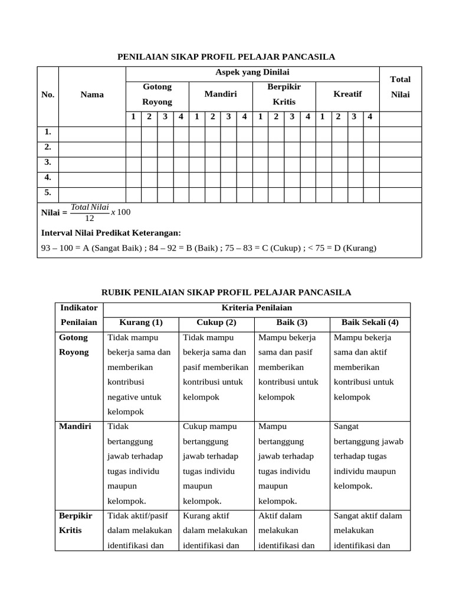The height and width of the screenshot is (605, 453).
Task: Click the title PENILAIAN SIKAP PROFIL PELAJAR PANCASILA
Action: (226, 57)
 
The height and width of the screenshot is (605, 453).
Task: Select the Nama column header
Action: (92, 95)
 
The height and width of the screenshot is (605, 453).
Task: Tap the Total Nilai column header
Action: (400, 87)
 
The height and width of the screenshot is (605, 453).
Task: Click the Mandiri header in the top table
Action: (220, 95)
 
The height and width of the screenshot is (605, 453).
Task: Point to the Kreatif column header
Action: (347, 95)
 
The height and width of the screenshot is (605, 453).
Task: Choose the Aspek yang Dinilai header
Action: (252, 72)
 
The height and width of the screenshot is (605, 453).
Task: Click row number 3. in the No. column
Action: (48, 162)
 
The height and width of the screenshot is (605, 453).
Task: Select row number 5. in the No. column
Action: (48, 193)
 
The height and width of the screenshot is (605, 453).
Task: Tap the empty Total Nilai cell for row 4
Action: (400, 177)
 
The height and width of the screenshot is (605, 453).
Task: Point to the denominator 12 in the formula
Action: (90, 218)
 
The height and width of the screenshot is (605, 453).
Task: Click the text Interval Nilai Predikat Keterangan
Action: (111, 233)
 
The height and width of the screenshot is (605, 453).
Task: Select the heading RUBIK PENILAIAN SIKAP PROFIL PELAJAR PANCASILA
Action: (226, 292)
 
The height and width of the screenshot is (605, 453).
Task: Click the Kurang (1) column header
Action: (140, 323)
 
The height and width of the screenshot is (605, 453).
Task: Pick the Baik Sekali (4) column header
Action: (370, 323)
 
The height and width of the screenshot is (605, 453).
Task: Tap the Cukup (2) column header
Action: (216, 323)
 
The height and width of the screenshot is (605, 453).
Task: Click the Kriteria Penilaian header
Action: (257, 308)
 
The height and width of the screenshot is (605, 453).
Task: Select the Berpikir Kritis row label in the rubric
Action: (72, 523)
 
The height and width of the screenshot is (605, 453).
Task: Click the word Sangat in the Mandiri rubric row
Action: (346, 426)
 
